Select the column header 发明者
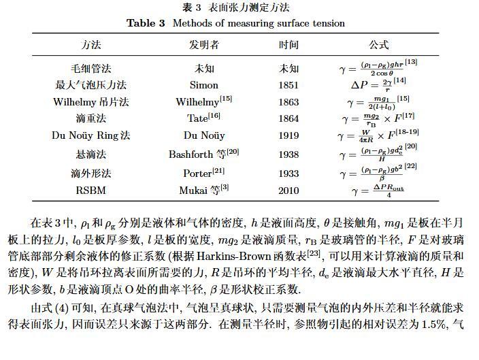tap(203, 45)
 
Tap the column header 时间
tap(288, 45)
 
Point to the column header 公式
tap(378, 45)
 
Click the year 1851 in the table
tap(288, 86)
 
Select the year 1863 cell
tap(288, 102)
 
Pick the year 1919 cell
tap(288, 135)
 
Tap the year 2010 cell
tap(288, 191)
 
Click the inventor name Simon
tap(203, 86)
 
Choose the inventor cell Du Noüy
tap(203, 135)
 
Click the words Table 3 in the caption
tap(146, 23)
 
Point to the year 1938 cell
tap(288, 154)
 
